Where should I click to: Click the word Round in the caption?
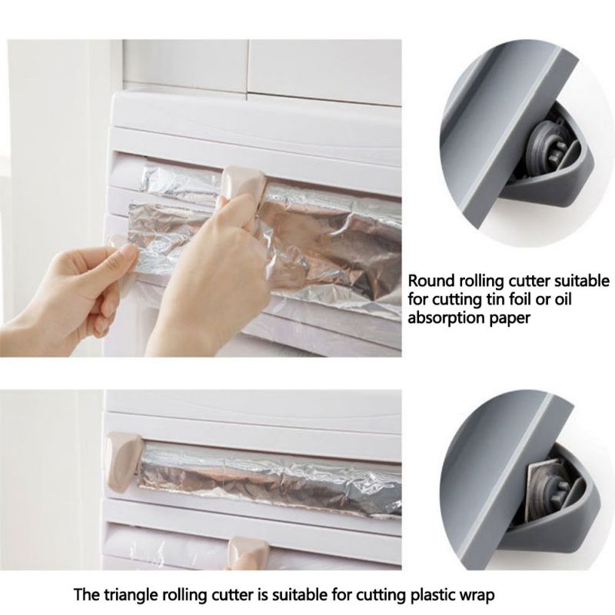point(428,281)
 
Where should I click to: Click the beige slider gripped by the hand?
point(244,182)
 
